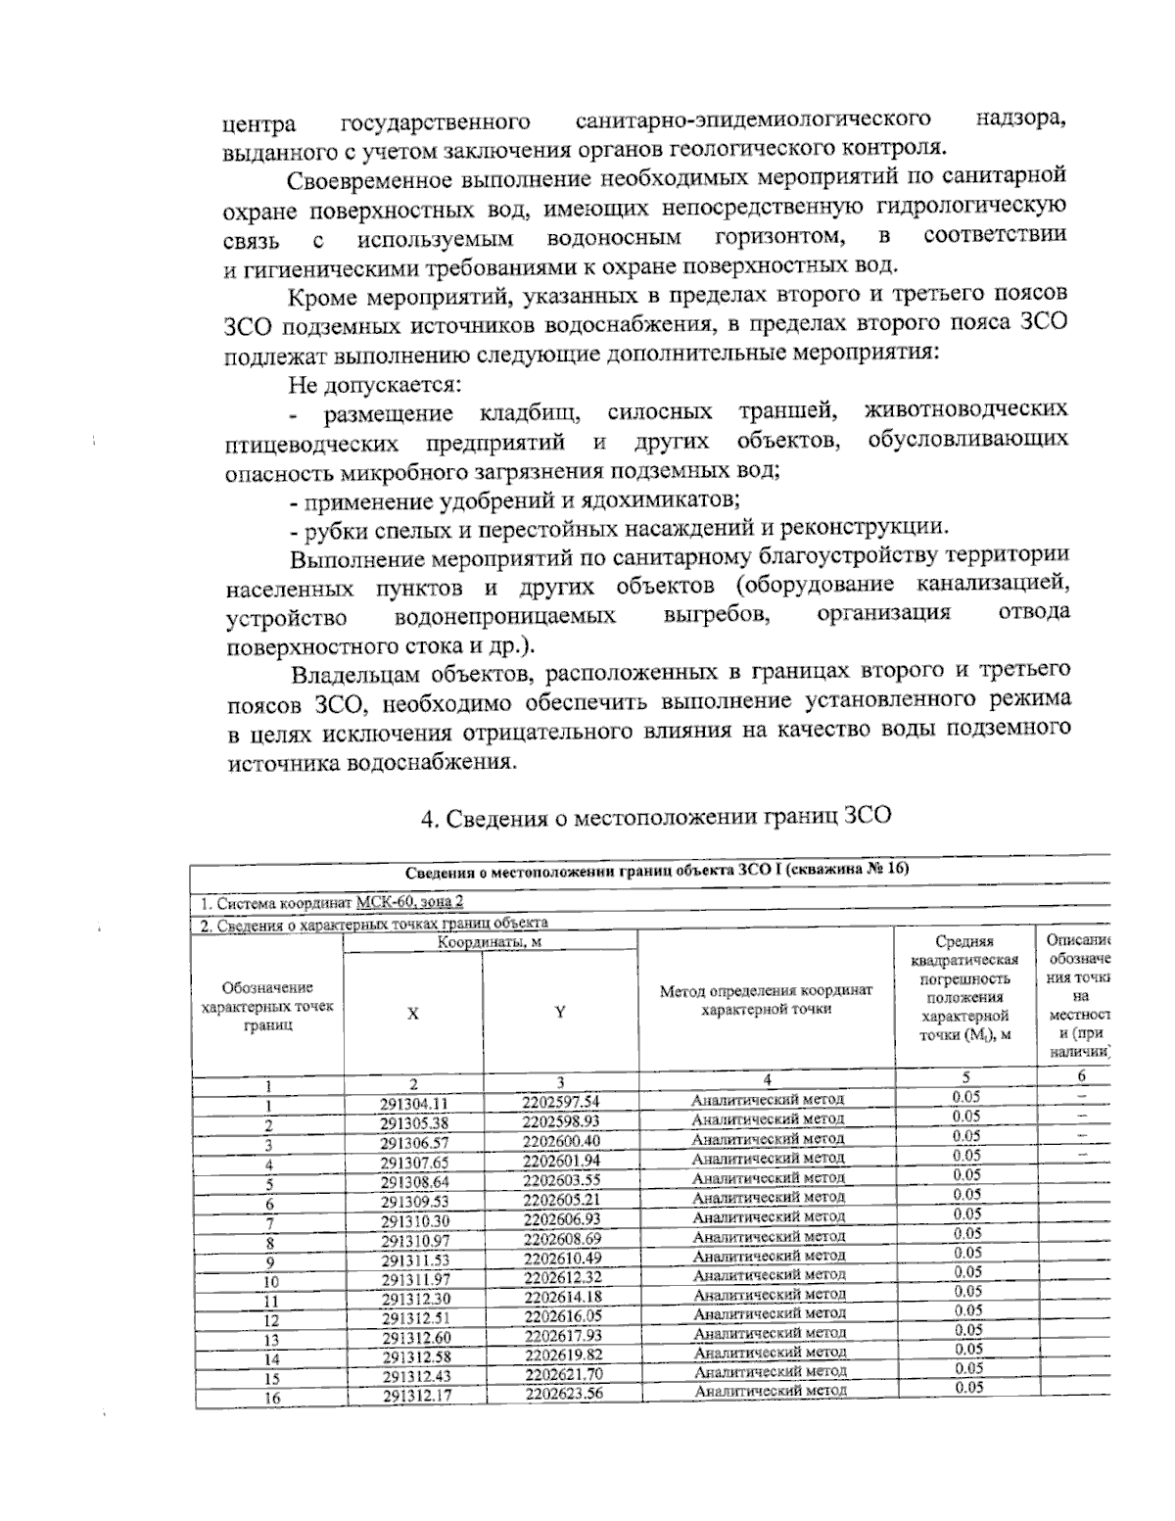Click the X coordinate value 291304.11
pyautogui.click(x=413, y=1103)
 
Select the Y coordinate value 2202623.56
pyautogui.click(x=563, y=1394)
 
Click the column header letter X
pyautogui.click(x=413, y=1015)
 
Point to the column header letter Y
pyautogui.click(x=560, y=1013)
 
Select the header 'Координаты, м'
pyautogui.click(x=490, y=942)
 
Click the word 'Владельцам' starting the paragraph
pyautogui.click(x=358, y=674)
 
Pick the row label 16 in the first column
pyautogui.click(x=271, y=1399)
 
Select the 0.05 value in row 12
pyautogui.click(x=967, y=1310)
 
